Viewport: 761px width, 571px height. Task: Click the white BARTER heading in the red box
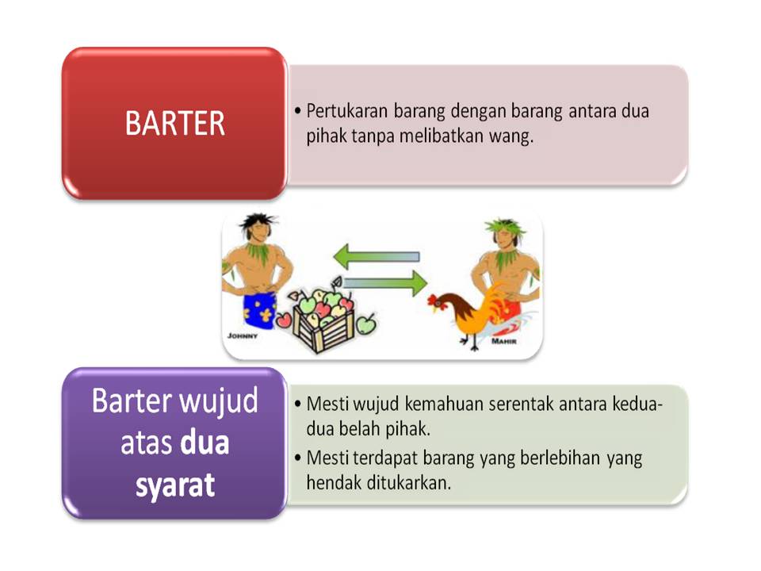[175, 123]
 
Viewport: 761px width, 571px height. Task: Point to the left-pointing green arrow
[376, 256]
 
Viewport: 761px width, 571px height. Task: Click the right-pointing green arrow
[385, 283]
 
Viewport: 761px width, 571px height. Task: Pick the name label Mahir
[504, 342]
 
